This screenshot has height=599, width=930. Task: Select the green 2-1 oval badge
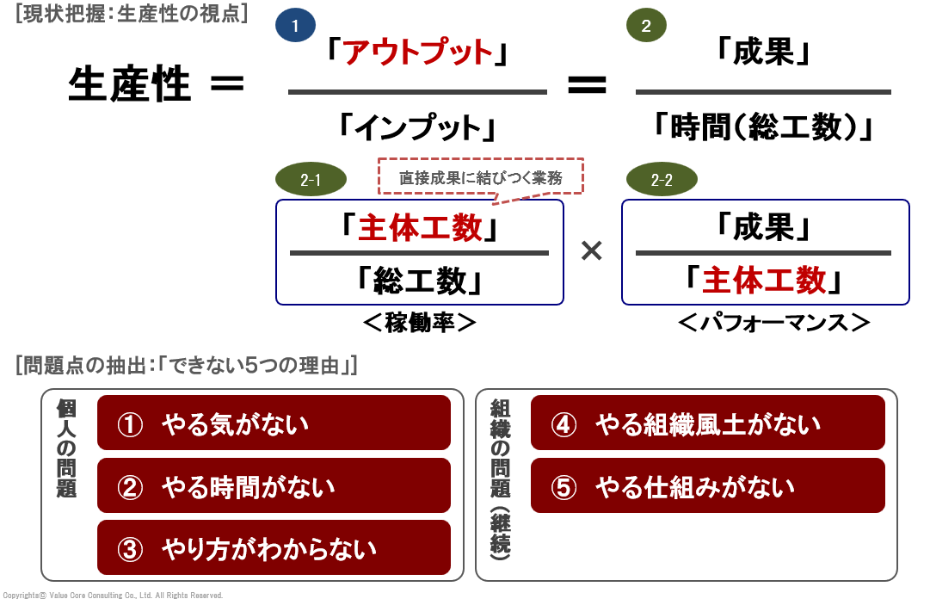311,180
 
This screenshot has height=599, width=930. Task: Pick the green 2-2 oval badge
662,180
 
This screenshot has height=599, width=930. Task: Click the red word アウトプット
418,53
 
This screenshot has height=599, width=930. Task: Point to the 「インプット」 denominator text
418,128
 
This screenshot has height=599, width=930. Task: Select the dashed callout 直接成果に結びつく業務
480,178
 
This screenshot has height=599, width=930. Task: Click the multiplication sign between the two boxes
592,250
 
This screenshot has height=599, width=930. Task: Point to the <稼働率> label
419,323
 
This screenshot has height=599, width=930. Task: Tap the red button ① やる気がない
274,423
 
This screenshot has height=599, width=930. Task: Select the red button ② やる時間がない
274,488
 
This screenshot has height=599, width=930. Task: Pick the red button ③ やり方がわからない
274,548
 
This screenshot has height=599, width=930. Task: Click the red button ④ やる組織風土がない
707,423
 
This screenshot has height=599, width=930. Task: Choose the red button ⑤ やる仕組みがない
707,488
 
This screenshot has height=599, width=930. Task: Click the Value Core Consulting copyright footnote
112,595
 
